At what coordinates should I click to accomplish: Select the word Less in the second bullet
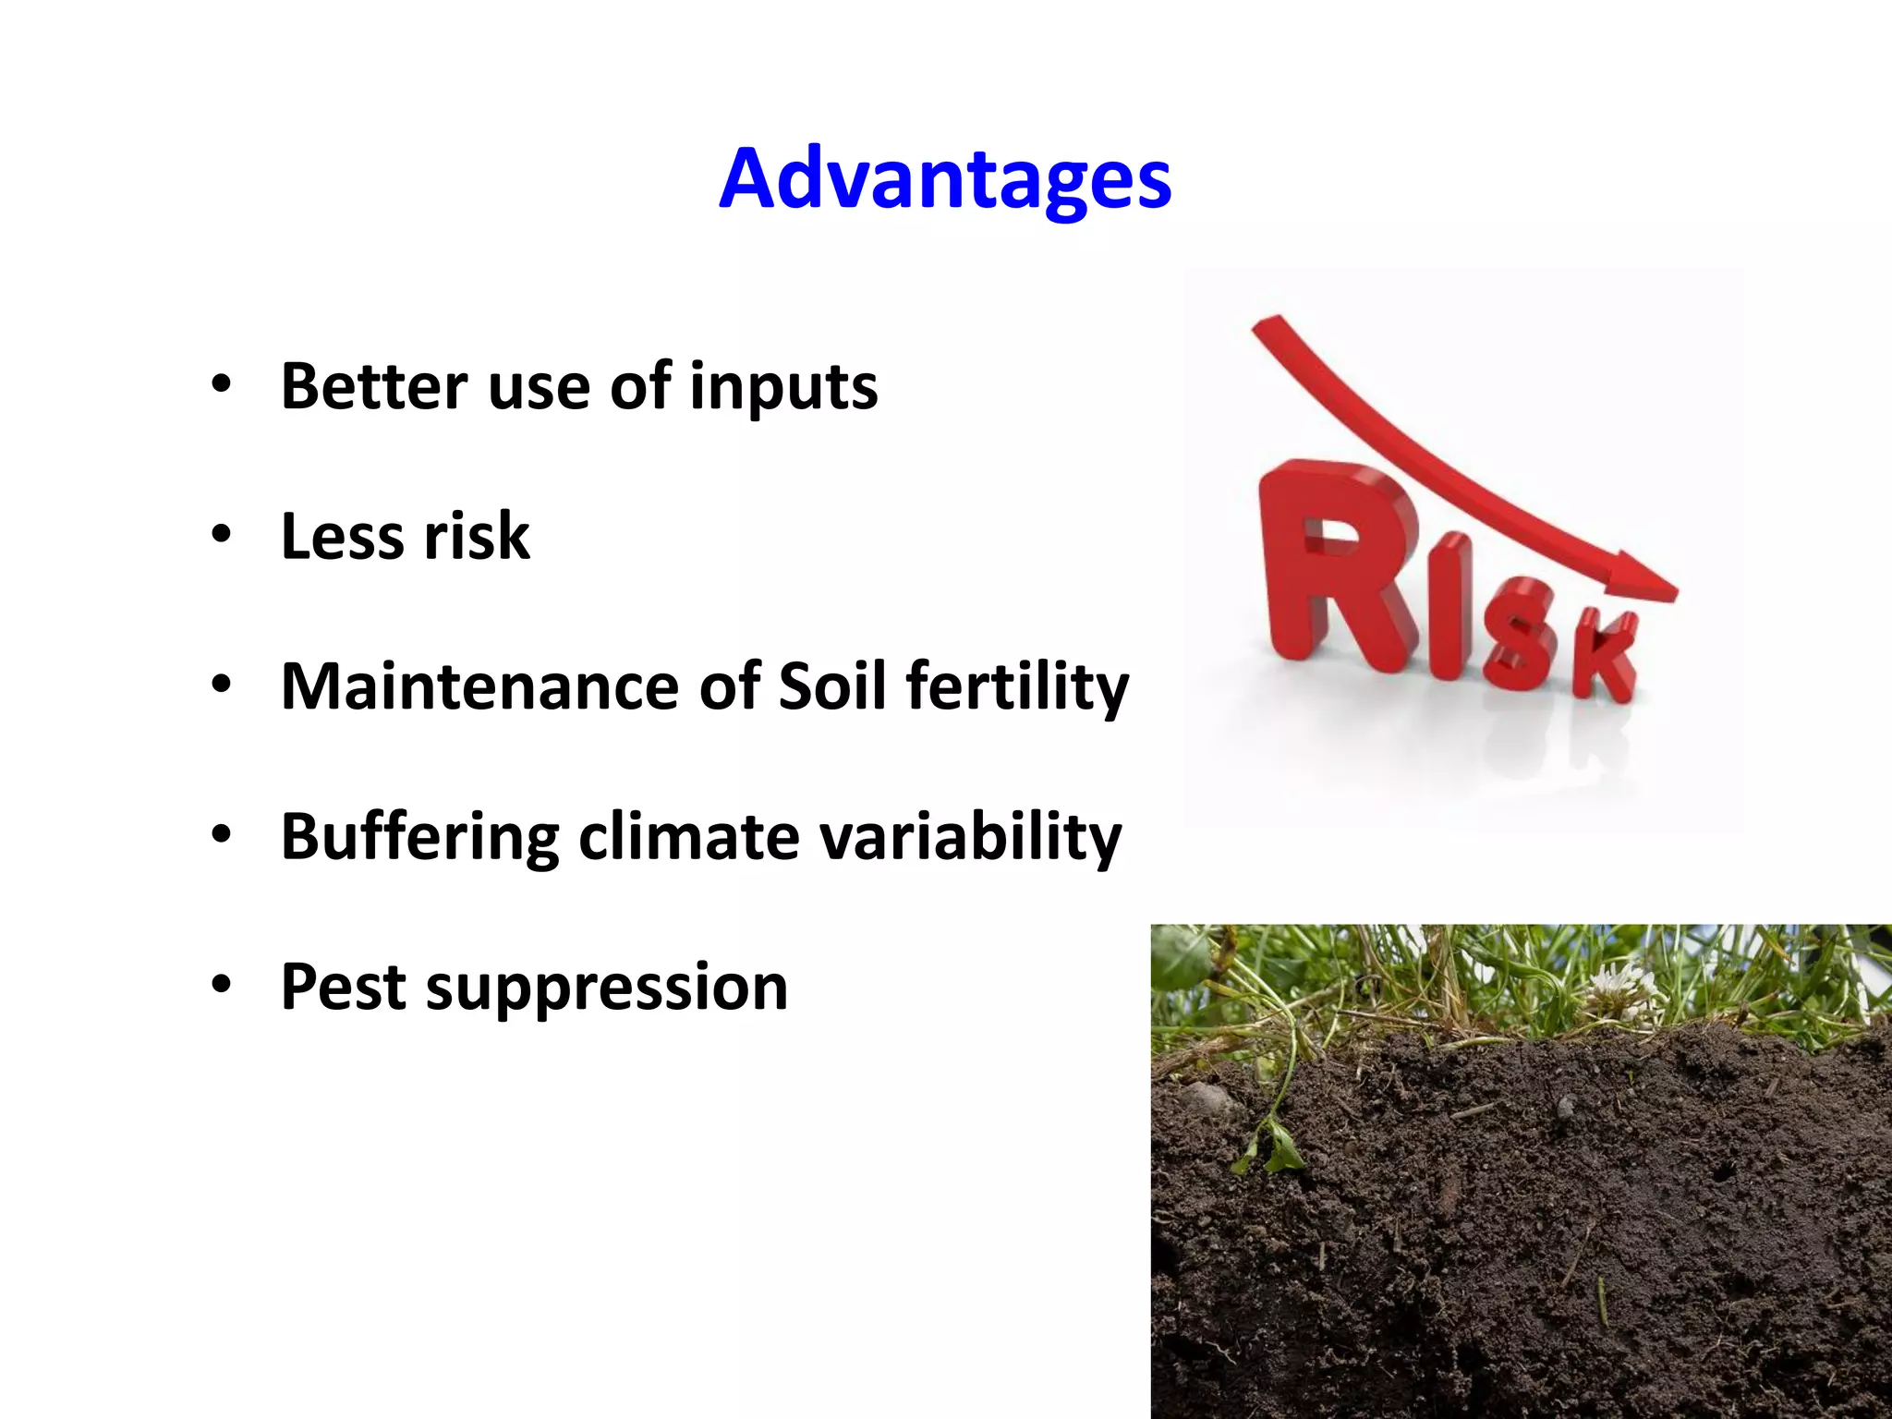pyautogui.click(x=341, y=537)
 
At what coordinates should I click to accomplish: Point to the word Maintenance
pyautogui.click(x=480, y=686)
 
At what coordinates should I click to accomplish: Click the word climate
pyautogui.click(x=689, y=837)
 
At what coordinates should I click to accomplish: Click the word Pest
pyautogui.click(x=343, y=988)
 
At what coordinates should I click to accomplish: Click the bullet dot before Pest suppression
pyautogui.click(x=221, y=985)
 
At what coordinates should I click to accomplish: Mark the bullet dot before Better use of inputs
pyautogui.click(x=221, y=383)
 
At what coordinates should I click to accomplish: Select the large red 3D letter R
pyautogui.click(x=1330, y=564)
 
